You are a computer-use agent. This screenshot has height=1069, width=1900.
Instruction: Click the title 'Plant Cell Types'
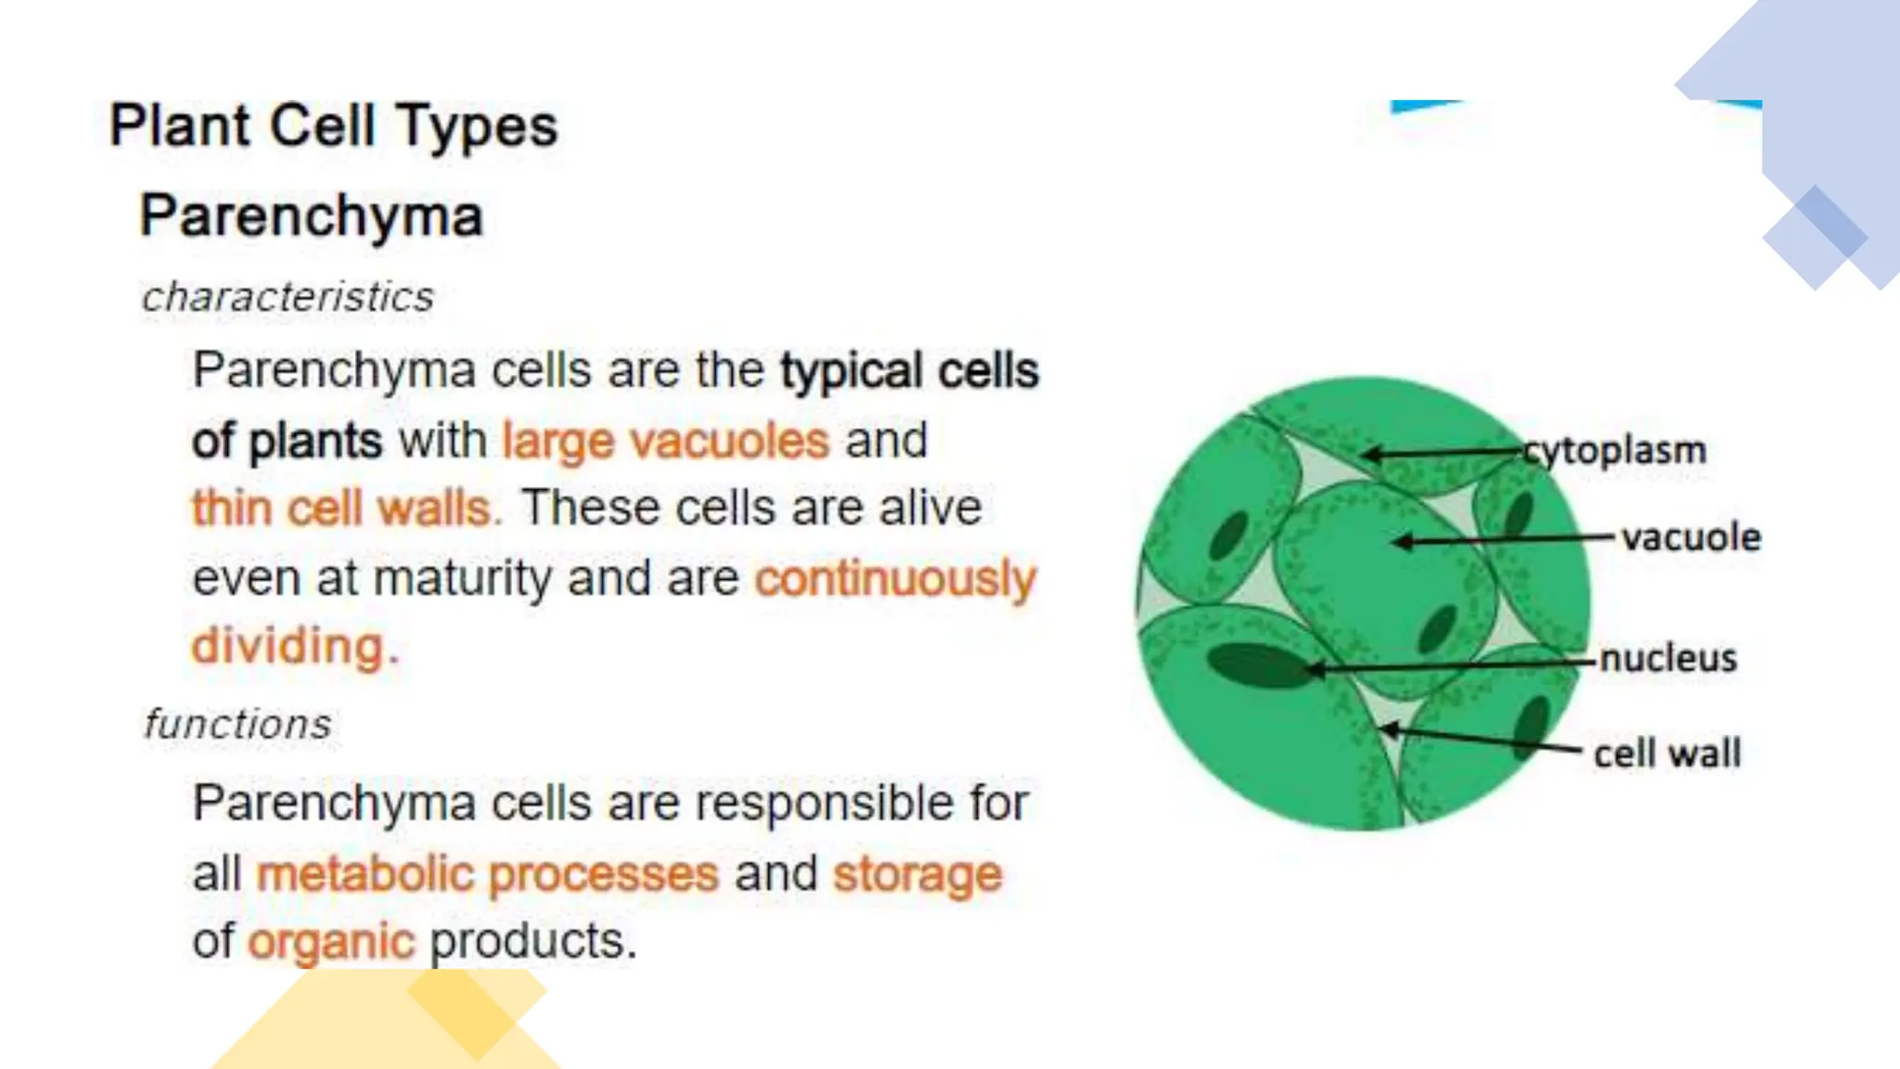334,126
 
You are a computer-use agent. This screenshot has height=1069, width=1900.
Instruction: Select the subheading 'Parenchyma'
312,216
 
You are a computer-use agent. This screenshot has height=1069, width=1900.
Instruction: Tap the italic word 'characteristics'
288,298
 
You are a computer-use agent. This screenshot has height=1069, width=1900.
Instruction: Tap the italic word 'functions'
237,725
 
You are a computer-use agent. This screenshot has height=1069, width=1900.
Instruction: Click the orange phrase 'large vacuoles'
665,441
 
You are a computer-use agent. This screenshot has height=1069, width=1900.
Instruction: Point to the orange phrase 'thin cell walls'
345,509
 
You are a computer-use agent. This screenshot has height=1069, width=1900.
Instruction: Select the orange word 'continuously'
895,579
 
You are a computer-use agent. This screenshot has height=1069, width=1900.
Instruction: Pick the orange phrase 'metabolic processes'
488,874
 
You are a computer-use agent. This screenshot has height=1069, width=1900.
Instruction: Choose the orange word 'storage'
918,874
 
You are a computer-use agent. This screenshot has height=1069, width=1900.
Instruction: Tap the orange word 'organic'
331,942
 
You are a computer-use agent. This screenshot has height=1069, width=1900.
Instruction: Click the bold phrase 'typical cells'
909,371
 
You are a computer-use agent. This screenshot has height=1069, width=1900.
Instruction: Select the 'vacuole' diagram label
1690,538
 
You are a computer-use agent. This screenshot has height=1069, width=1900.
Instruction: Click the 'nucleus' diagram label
1668,659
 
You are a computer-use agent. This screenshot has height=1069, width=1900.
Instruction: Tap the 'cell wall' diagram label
1667,753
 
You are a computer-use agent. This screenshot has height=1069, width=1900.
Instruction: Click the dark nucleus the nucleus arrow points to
1258,665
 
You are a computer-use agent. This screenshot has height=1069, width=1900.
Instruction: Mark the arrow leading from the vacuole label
1503,539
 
